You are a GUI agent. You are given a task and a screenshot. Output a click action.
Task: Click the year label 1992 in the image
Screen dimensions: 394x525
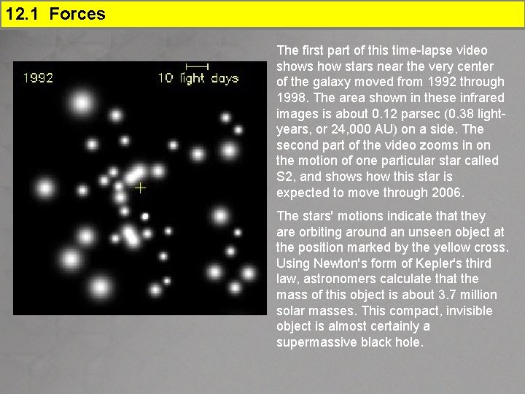pyautogui.click(x=39, y=78)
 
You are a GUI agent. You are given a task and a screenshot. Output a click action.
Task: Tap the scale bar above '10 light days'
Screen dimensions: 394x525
pyautogui.click(x=197, y=66)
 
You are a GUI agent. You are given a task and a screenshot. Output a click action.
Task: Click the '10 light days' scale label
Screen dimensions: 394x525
pyautogui.click(x=198, y=78)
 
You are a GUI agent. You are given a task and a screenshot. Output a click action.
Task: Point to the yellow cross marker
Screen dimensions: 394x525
pyautogui.click(x=140, y=188)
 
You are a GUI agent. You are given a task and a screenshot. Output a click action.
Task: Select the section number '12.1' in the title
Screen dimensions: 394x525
pyautogui.click(x=24, y=13)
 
